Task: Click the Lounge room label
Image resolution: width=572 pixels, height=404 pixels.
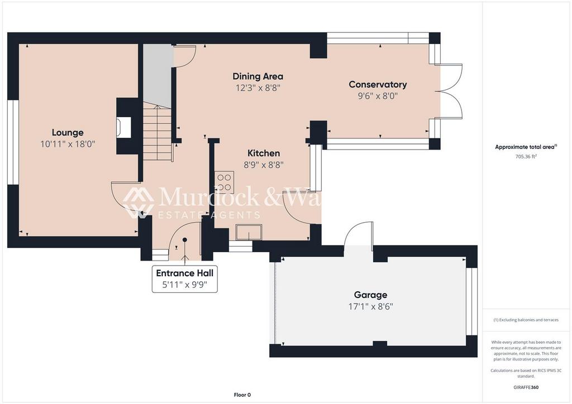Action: pos(68,132)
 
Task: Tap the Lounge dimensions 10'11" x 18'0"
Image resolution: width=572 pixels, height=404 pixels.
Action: pos(68,143)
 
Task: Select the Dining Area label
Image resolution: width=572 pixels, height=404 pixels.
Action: pos(258,76)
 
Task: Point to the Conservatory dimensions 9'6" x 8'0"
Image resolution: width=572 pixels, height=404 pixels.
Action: pos(378,95)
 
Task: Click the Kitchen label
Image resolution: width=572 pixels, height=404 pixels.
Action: pos(264,153)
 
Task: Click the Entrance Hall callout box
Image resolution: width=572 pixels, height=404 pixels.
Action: pos(185,278)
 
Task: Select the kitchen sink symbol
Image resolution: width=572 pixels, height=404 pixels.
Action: pos(249,232)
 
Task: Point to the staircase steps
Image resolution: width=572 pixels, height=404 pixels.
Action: pos(156,134)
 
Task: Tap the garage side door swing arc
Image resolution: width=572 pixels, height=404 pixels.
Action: pos(359,234)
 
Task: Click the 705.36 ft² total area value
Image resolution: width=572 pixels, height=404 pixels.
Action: pos(526,157)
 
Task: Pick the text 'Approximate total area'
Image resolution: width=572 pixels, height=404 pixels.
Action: pos(525,147)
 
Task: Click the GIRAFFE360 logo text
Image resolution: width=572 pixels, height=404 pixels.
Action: pos(527,387)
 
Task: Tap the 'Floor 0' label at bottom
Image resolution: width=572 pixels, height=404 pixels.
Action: pos(242,395)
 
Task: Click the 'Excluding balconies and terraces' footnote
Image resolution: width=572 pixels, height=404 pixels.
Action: pos(526,320)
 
